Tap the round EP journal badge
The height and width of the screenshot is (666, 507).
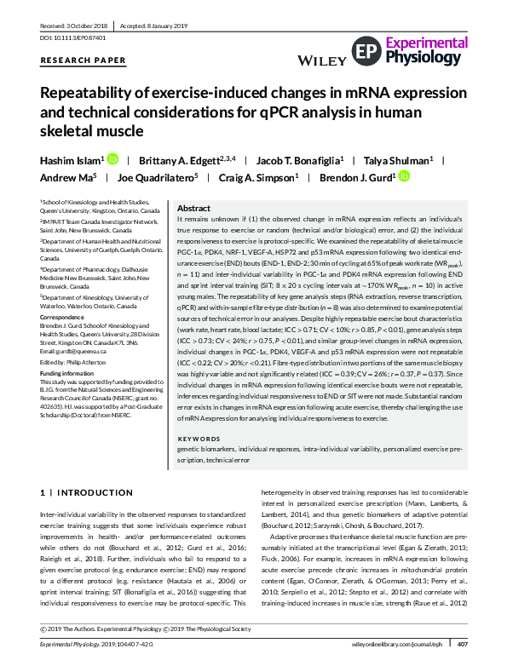[x=364, y=51]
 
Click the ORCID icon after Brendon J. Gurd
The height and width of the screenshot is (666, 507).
[x=404, y=177]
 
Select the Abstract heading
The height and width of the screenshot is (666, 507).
[x=193, y=208]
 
